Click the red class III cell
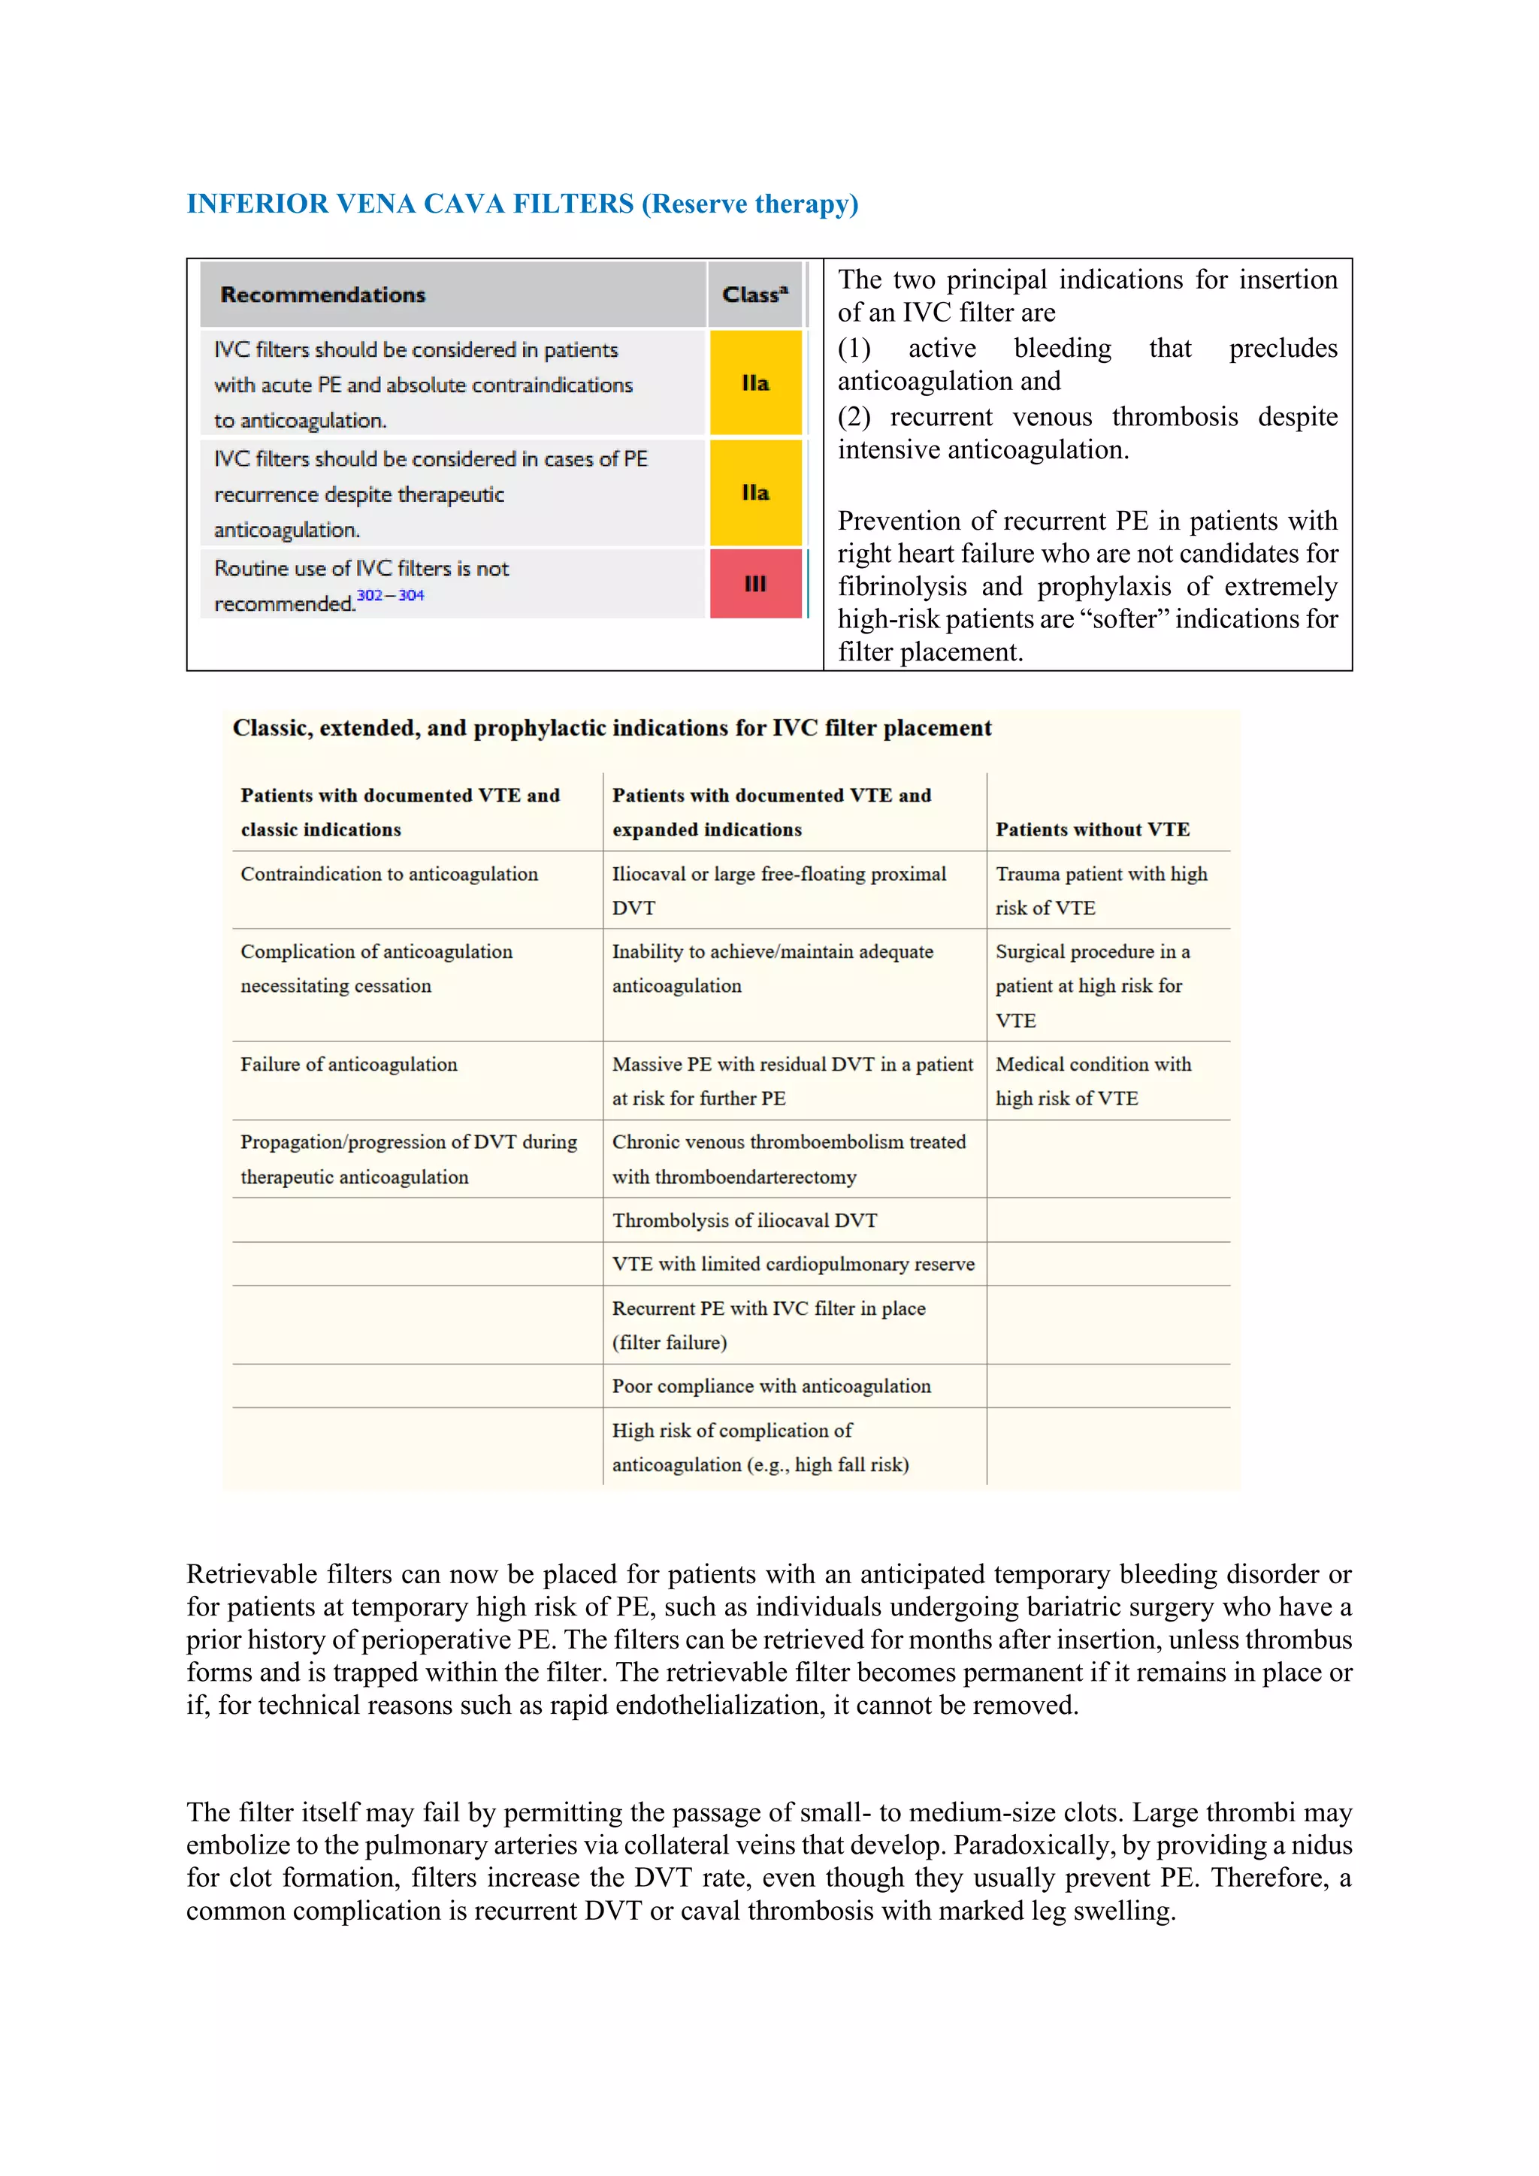pos(755,584)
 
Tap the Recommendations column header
pos(323,295)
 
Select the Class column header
pos(754,295)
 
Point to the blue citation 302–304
pos(391,595)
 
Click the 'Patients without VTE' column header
pos(1092,830)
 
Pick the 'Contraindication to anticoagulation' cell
pos(389,874)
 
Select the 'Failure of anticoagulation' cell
pos(348,1064)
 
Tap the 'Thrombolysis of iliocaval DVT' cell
pos(744,1221)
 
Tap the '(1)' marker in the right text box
pos(854,349)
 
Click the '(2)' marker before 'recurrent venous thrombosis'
pos(854,417)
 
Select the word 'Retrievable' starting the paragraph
pos(251,1574)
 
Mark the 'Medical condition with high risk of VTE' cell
pos(1093,1080)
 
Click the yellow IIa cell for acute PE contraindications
pos(755,383)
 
